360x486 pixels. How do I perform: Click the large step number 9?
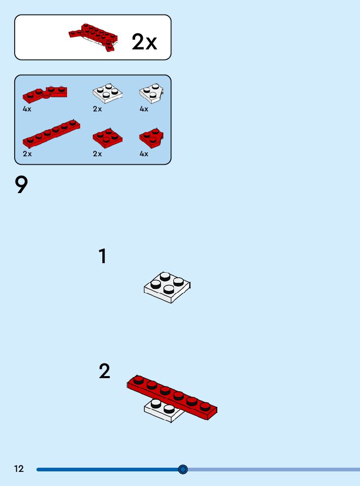21,185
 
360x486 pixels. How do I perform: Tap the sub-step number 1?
103,256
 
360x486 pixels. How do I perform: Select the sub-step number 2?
104,371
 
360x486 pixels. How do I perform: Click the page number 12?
19,468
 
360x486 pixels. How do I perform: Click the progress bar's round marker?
183,469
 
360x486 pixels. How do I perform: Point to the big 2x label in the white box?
145,42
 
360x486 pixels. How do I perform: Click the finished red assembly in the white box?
93,37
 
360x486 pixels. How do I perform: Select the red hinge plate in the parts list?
45,94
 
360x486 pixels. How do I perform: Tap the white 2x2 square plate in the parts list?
107,93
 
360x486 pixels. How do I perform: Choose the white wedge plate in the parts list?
151,93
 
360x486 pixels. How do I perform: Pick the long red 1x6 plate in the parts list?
51,133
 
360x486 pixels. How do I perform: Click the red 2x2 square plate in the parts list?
107,138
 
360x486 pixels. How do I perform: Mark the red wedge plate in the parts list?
151,138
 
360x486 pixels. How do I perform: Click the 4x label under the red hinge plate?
27,109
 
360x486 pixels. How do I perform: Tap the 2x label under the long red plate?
27,154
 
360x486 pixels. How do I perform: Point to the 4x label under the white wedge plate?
144,109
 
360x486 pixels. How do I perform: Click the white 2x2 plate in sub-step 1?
167,287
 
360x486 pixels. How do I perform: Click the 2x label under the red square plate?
97,154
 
